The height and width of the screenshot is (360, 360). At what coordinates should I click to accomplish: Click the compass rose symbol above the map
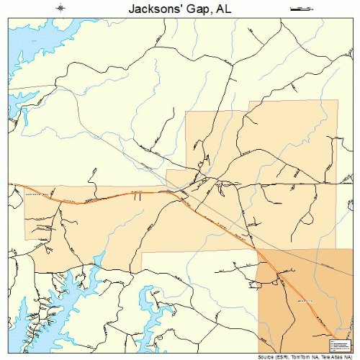tap(62, 8)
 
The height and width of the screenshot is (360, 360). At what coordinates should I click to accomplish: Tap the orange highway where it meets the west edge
tap(10, 185)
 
